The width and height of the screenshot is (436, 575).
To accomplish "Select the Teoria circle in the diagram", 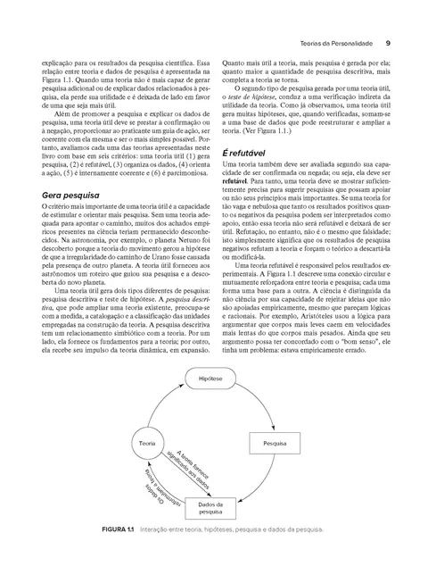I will click(141, 444).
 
